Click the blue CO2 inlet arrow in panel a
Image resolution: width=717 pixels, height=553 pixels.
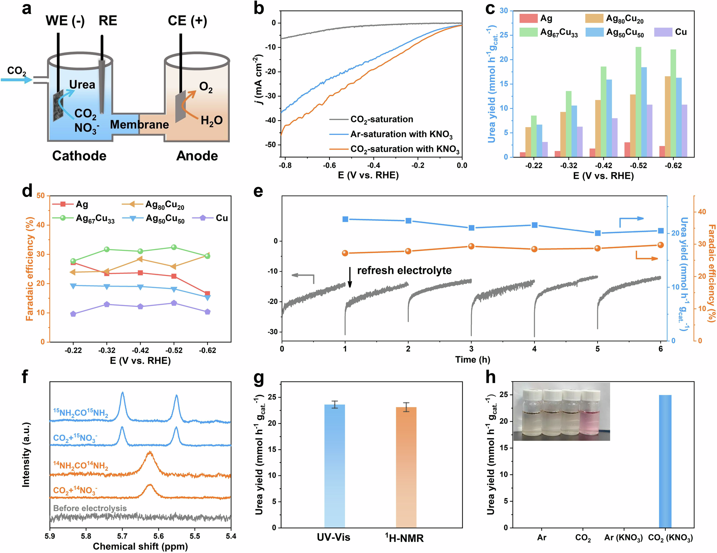click(16, 80)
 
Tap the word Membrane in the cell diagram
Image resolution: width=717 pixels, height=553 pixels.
click(139, 125)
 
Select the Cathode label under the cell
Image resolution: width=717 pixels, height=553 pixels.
click(79, 156)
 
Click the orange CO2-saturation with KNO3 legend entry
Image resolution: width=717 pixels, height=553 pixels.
click(404, 149)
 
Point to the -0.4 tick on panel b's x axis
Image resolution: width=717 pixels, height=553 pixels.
click(374, 165)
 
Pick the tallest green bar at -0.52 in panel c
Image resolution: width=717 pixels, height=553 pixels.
click(638, 102)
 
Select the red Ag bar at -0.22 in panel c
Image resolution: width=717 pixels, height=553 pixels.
click(523, 155)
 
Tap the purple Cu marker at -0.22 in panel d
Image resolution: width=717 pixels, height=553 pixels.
click(73, 314)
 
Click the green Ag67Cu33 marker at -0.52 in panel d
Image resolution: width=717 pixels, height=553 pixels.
click(174, 247)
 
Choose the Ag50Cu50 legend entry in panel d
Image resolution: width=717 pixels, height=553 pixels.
click(165, 219)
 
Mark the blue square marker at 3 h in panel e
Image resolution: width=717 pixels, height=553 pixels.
click(471, 228)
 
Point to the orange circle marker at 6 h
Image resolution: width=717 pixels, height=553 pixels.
click(661, 245)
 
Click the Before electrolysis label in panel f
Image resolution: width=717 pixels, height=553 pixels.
click(90, 508)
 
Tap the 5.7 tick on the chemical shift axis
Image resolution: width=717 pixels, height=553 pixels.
click(122, 536)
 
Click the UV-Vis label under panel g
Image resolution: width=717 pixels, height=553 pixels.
click(333, 538)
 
